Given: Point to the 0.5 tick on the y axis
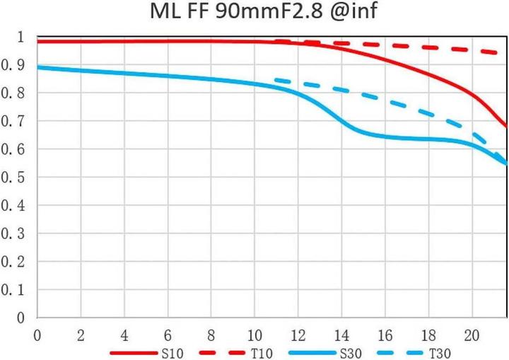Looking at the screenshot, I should (13, 178).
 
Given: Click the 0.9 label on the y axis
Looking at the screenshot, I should (13, 65).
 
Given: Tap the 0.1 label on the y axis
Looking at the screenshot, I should (13, 290).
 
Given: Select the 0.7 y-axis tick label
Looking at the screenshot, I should (13, 121).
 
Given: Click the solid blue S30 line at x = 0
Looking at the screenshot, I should (38, 67).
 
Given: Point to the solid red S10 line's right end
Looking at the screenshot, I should (506, 126).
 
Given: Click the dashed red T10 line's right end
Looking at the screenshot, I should (505, 53).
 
